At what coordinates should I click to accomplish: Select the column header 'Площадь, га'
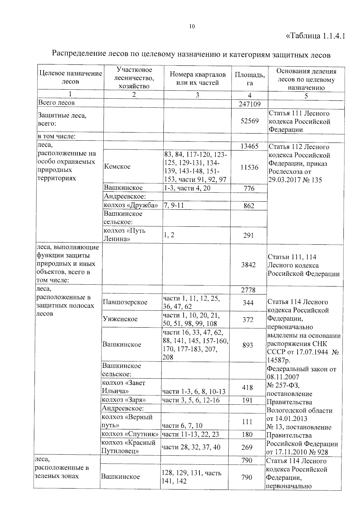pos(250,79)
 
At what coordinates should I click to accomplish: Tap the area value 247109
pos(250,104)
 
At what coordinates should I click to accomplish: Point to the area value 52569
pos(250,121)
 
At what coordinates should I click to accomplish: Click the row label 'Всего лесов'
pos(56,103)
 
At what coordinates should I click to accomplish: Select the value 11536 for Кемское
pos(249,167)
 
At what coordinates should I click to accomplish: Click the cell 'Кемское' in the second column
pos(117,166)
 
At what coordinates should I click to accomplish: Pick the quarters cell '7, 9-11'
pos(174,206)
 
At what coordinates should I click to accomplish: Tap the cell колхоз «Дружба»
pos(131,205)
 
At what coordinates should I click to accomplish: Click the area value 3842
pos(248,265)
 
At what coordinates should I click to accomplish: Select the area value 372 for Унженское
pos(248,319)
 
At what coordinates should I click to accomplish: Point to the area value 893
pos(248,345)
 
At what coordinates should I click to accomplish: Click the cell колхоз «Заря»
pos(124,400)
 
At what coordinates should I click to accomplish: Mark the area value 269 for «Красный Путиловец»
pos(247,447)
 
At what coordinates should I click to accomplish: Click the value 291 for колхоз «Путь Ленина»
pos(249,235)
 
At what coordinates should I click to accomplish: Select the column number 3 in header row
pos(197,95)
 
